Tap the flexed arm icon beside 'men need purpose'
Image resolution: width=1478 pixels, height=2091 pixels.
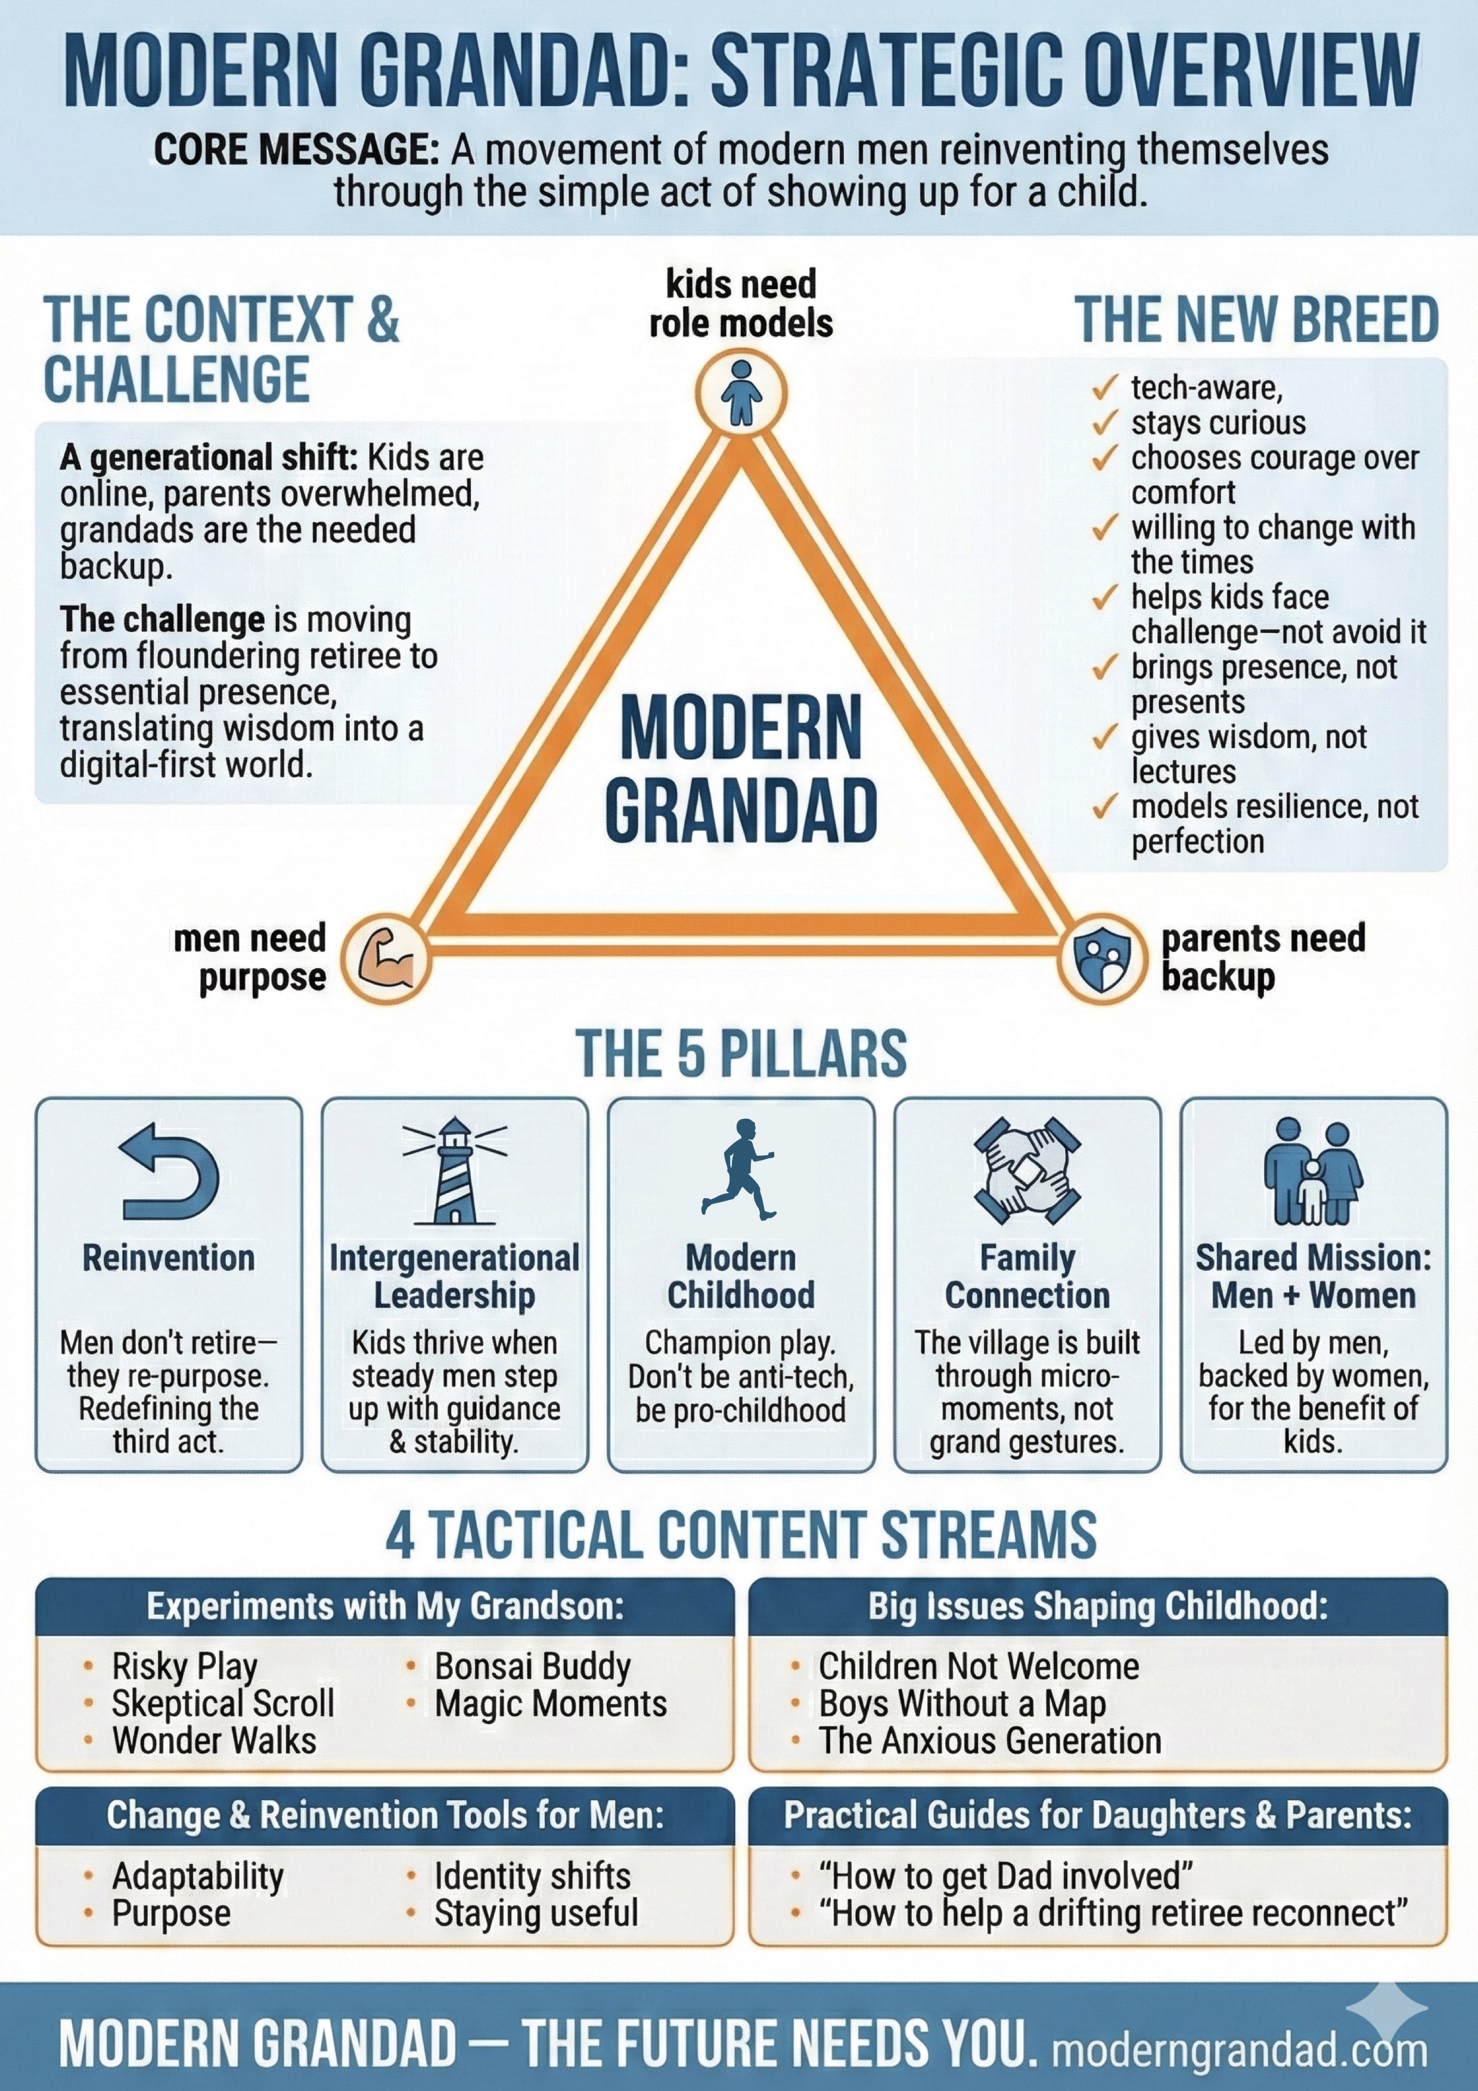pyautogui.click(x=385, y=959)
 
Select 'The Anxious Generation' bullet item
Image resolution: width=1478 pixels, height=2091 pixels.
pyautogui.click(x=989, y=1741)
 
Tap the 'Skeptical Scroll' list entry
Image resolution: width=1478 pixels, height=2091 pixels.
pyautogui.click(x=222, y=1703)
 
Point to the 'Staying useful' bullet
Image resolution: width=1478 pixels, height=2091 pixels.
pyautogui.click(x=535, y=1913)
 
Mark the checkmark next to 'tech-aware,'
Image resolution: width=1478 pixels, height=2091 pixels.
pyautogui.click(x=1105, y=389)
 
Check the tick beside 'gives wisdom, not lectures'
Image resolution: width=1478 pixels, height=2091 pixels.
pyautogui.click(x=1105, y=736)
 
